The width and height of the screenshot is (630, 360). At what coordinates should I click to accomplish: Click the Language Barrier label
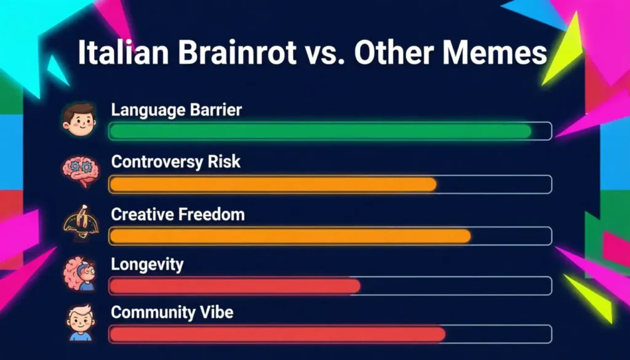click(177, 111)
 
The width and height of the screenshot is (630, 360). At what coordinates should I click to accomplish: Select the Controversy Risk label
click(176, 162)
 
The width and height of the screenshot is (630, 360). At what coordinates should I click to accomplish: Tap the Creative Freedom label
click(178, 214)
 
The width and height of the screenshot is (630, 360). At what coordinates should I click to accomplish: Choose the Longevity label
click(147, 265)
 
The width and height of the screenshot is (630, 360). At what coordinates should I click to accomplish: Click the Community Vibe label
click(172, 313)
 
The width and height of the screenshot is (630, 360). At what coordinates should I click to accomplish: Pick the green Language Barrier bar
click(320, 131)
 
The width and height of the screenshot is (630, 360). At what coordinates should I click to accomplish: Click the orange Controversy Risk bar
click(273, 184)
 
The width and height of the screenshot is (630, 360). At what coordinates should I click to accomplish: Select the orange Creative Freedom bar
click(290, 236)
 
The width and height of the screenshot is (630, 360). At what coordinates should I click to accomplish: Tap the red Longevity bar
click(234, 286)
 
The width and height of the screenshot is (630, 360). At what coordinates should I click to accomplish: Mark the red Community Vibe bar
click(277, 334)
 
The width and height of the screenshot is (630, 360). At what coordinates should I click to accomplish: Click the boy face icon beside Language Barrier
click(79, 119)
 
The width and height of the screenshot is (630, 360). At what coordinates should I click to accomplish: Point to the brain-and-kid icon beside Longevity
click(79, 273)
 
